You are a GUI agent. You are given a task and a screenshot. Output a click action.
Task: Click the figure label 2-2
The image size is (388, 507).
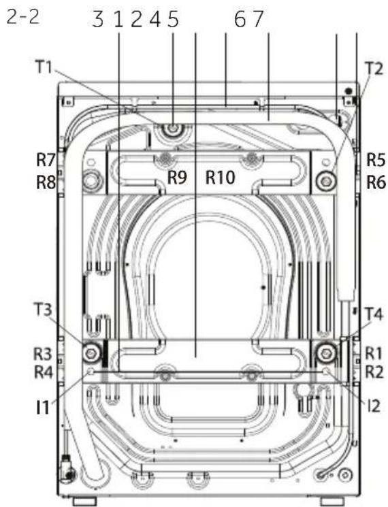pos(22,18)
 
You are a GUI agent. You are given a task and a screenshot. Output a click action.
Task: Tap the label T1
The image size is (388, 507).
pos(44,68)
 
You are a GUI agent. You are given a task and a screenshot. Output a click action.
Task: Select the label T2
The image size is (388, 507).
pos(374,69)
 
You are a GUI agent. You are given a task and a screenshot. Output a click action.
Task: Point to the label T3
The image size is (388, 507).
pos(43,310)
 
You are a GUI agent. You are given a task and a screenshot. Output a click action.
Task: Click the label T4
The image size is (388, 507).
pos(374,314)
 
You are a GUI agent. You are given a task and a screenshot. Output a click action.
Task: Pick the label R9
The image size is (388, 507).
pos(177,177)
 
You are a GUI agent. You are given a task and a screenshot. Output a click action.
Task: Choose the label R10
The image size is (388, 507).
pos(221,177)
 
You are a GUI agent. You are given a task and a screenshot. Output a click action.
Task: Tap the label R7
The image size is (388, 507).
pos(46,161)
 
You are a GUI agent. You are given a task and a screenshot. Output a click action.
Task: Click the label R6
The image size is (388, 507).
pos(376,183)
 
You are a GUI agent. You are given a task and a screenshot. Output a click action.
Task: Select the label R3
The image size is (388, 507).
pos(43,355)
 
